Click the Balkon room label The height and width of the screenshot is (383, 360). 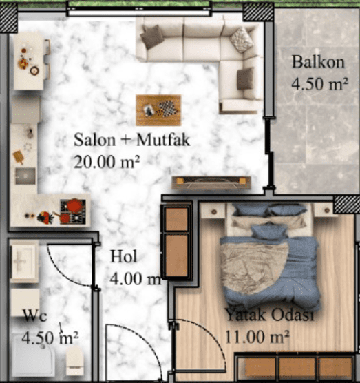[318, 62]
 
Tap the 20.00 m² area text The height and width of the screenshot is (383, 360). [107, 162]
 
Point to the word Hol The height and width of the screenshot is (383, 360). [123, 256]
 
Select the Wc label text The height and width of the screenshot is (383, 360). [34, 315]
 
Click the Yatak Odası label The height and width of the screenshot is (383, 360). [269, 315]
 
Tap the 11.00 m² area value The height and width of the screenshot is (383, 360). [257, 337]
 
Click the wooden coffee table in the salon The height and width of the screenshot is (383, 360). [158, 110]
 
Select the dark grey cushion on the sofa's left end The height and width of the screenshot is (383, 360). [152, 37]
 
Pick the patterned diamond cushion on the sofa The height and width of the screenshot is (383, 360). [242, 39]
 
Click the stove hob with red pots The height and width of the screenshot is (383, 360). [73, 211]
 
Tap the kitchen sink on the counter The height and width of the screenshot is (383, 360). [25, 176]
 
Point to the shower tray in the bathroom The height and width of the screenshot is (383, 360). [33, 355]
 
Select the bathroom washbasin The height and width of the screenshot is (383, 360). [23, 262]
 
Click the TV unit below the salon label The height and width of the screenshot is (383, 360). [211, 183]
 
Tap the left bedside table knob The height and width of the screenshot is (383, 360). [214, 211]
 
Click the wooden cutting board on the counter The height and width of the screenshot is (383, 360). [19, 157]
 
